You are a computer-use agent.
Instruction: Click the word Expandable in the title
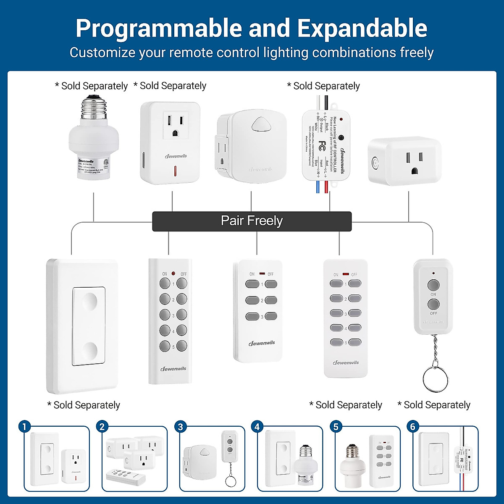point(362,29)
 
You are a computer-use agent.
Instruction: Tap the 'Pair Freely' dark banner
point(252,221)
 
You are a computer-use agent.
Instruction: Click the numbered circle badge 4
point(257,427)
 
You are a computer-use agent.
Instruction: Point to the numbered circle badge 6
point(412,427)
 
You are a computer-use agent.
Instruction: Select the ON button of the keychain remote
point(433,286)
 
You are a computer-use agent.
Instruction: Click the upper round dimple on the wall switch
point(89,299)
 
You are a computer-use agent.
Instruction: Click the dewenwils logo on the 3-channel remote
point(262,343)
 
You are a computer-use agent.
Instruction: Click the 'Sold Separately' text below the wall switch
point(84,405)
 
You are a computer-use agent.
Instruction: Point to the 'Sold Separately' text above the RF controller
point(323,86)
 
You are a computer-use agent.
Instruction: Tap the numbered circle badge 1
point(24,427)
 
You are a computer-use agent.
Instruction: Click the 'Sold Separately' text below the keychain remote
point(434,405)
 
